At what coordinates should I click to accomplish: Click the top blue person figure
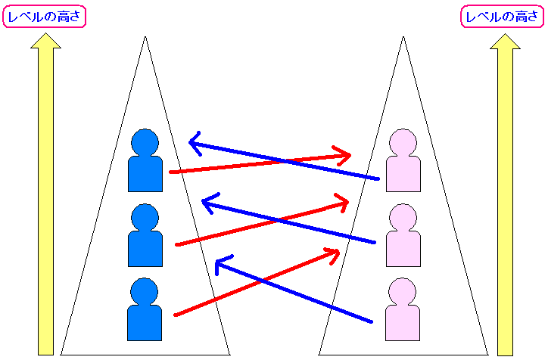click(145, 162)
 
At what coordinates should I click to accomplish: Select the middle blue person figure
click(145, 237)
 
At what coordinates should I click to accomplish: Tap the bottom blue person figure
click(145, 310)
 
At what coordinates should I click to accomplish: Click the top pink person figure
click(402, 162)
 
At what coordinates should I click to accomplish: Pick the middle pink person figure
click(402, 237)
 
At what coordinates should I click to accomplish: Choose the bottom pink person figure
click(402, 310)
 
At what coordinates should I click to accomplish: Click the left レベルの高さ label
click(45, 17)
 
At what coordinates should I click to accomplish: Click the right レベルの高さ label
click(500, 17)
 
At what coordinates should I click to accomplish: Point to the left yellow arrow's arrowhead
click(45, 41)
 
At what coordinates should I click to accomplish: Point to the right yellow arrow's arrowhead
click(505, 41)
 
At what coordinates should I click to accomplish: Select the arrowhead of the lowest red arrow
click(334, 253)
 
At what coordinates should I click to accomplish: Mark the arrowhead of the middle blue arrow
click(207, 202)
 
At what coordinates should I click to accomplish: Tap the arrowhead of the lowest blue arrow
click(220, 263)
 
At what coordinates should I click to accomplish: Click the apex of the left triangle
click(145, 37)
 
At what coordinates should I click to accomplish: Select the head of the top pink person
click(402, 142)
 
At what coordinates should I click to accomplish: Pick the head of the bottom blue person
click(145, 291)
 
